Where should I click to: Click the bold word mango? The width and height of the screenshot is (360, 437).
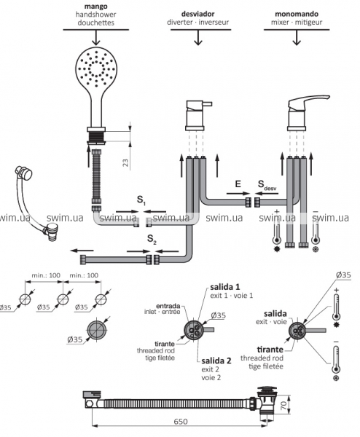pyautogui.click(x=95, y=6)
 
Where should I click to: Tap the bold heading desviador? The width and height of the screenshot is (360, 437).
pyautogui.click(x=197, y=14)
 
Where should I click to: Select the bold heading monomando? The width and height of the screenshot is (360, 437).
pyautogui.click(x=297, y=14)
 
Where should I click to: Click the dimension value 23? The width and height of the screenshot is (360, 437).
pyautogui.click(x=125, y=162)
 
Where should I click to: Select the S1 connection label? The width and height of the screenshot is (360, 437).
pyautogui.click(x=141, y=200)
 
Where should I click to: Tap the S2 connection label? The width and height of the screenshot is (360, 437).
pyautogui.click(x=152, y=239)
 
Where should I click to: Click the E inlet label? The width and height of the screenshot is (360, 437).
pyautogui.click(x=238, y=184)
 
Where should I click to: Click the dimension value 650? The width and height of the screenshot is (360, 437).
pyautogui.click(x=181, y=422)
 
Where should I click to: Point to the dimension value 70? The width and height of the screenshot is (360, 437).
pyautogui.click(x=283, y=405)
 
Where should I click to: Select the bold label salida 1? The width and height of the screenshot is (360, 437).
pyautogui.click(x=224, y=287)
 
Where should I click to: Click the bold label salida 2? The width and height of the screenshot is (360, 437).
pyautogui.click(x=216, y=361)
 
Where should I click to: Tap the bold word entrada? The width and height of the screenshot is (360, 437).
pyautogui.click(x=168, y=306)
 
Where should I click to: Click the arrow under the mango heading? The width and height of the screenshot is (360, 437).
pyautogui.click(x=96, y=37)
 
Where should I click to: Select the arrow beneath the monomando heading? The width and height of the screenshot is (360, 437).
pyautogui.click(x=297, y=37)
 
